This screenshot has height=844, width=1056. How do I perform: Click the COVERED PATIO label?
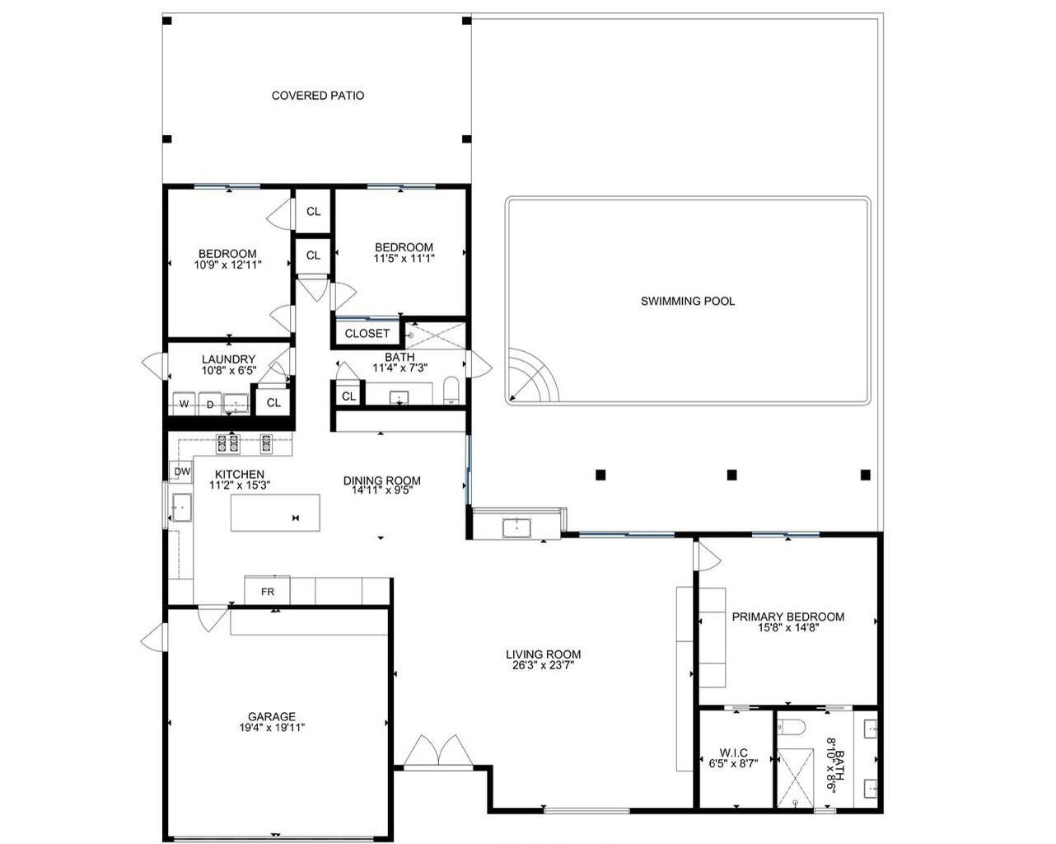tap(317, 96)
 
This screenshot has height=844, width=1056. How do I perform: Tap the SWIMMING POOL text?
tap(688, 301)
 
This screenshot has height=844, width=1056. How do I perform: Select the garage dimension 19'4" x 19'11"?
tap(272, 728)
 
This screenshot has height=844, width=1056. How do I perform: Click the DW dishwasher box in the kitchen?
tap(182, 471)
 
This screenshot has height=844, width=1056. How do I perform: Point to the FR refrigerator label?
tap(268, 592)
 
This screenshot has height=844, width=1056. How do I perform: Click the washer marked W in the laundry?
tap(184, 404)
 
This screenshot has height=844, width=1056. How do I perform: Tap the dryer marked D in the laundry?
tap(210, 404)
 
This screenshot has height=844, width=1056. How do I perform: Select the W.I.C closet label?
tap(733, 753)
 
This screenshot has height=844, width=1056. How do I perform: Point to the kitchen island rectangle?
tap(275, 513)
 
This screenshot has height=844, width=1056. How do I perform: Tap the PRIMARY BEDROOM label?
tap(787, 617)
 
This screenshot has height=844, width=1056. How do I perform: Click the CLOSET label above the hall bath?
tap(367, 334)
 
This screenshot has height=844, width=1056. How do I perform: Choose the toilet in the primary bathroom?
tap(792, 728)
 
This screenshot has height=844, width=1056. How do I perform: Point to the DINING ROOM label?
tap(381, 481)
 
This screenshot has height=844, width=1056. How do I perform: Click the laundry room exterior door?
tap(154, 363)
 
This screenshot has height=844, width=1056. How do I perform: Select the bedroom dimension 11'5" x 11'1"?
tap(404, 258)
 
